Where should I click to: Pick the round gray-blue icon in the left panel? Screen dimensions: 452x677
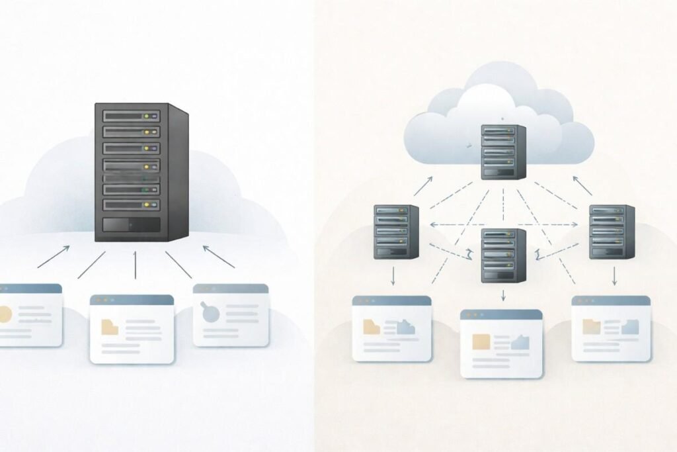[x=211, y=313]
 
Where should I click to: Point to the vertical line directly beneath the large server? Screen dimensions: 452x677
[x=136, y=264]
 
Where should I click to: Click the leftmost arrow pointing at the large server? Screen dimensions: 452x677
[x=54, y=257]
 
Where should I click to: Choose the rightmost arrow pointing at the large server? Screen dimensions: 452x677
[x=218, y=257]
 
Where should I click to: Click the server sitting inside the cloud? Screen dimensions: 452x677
[x=503, y=152]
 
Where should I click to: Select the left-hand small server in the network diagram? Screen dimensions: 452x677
[x=396, y=231]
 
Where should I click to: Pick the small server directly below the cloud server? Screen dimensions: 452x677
[x=503, y=255]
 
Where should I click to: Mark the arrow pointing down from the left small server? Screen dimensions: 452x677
[x=394, y=275]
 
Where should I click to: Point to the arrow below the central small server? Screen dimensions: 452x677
[x=503, y=295]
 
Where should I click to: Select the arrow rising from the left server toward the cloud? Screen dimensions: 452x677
[x=424, y=186]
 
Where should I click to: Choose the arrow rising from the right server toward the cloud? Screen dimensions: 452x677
[x=581, y=186]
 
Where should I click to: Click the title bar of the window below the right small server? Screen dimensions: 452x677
[x=610, y=300]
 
